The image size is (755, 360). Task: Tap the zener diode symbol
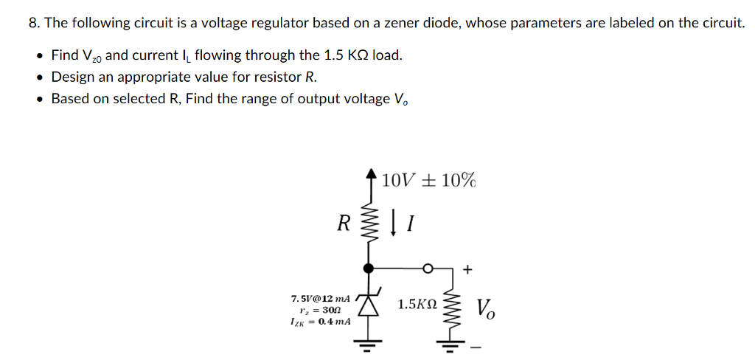pyautogui.click(x=369, y=304)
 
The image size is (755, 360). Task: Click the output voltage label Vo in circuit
pyautogui.click(x=486, y=308)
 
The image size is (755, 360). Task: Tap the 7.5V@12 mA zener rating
pyautogui.click(x=321, y=298)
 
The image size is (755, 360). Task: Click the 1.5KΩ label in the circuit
pyautogui.click(x=417, y=304)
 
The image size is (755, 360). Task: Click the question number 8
pyautogui.click(x=34, y=23)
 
